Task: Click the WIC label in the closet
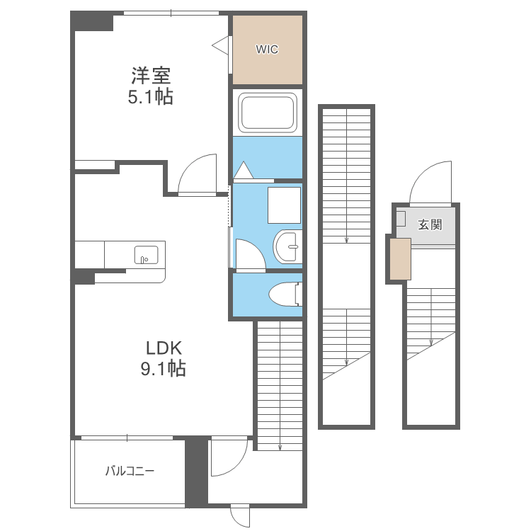click(x=267, y=50)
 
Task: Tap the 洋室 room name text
click(x=151, y=76)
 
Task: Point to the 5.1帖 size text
click(x=151, y=97)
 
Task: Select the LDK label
click(x=164, y=348)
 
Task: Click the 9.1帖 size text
click(x=164, y=368)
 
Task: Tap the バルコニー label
click(x=130, y=471)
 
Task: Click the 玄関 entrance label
click(x=430, y=224)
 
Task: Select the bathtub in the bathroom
click(x=268, y=113)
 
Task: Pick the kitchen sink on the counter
click(x=147, y=255)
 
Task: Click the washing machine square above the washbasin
click(x=284, y=205)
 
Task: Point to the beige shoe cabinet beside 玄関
click(x=400, y=259)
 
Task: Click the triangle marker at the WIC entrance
click(x=220, y=45)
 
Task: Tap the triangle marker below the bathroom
click(x=244, y=170)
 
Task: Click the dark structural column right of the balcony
click(x=196, y=471)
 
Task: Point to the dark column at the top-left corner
click(x=91, y=21)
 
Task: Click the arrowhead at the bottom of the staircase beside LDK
click(x=280, y=448)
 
